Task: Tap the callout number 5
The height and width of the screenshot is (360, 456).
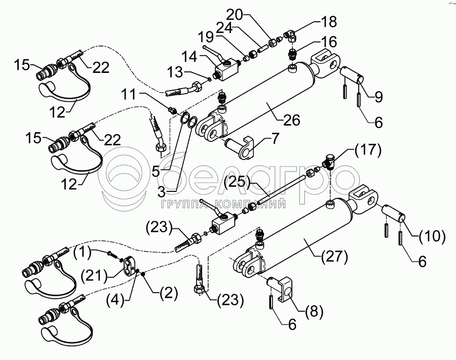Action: point(157,171)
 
